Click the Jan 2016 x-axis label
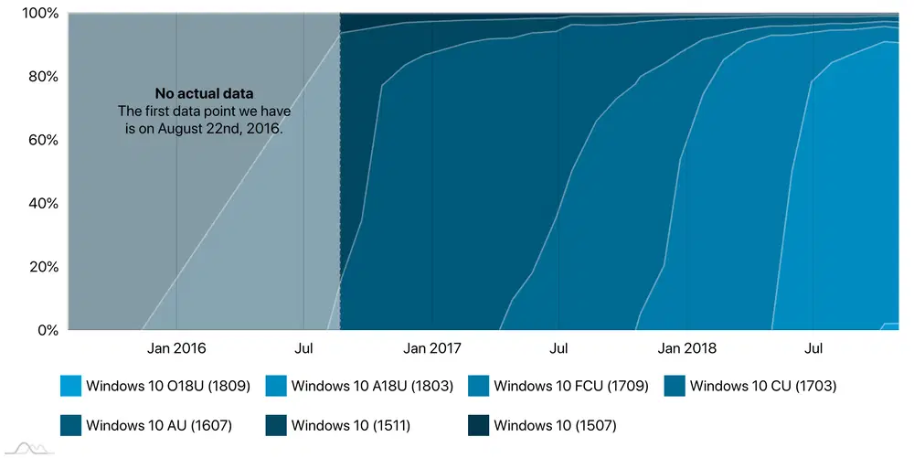click(x=176, y=348)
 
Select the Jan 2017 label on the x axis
click(x=432, y=348)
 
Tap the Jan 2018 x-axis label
click(x=687, y=348)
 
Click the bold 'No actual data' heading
click(x=204, y=93)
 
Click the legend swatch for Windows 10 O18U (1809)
click(x=69, y=386)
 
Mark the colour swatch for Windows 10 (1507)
click(x=477, y=424)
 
